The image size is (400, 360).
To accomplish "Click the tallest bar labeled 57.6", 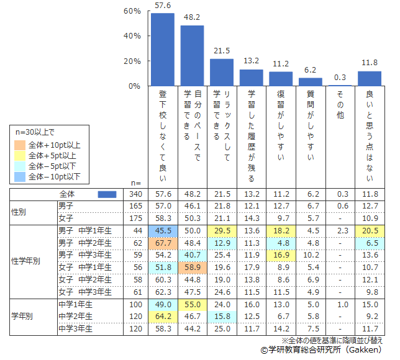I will click(163, 50).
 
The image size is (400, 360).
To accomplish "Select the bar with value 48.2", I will click(192, 56).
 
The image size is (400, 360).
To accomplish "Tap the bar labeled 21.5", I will click(222, 73).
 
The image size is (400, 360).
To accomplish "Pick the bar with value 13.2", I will click(252, 78).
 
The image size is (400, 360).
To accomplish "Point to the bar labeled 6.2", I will click(311, 82).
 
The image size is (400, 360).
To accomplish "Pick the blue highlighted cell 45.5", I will click(163, 230).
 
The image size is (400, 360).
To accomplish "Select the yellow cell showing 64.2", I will click(163, 317).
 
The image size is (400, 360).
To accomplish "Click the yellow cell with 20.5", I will click(370, 230).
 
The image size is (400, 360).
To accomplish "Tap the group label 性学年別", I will click(26, 261).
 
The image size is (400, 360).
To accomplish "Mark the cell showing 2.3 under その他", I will click(340, 230).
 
